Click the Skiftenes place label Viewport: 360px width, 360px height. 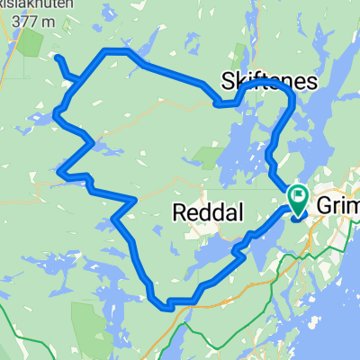point(269,82)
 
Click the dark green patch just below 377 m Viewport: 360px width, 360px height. point(32,42)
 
